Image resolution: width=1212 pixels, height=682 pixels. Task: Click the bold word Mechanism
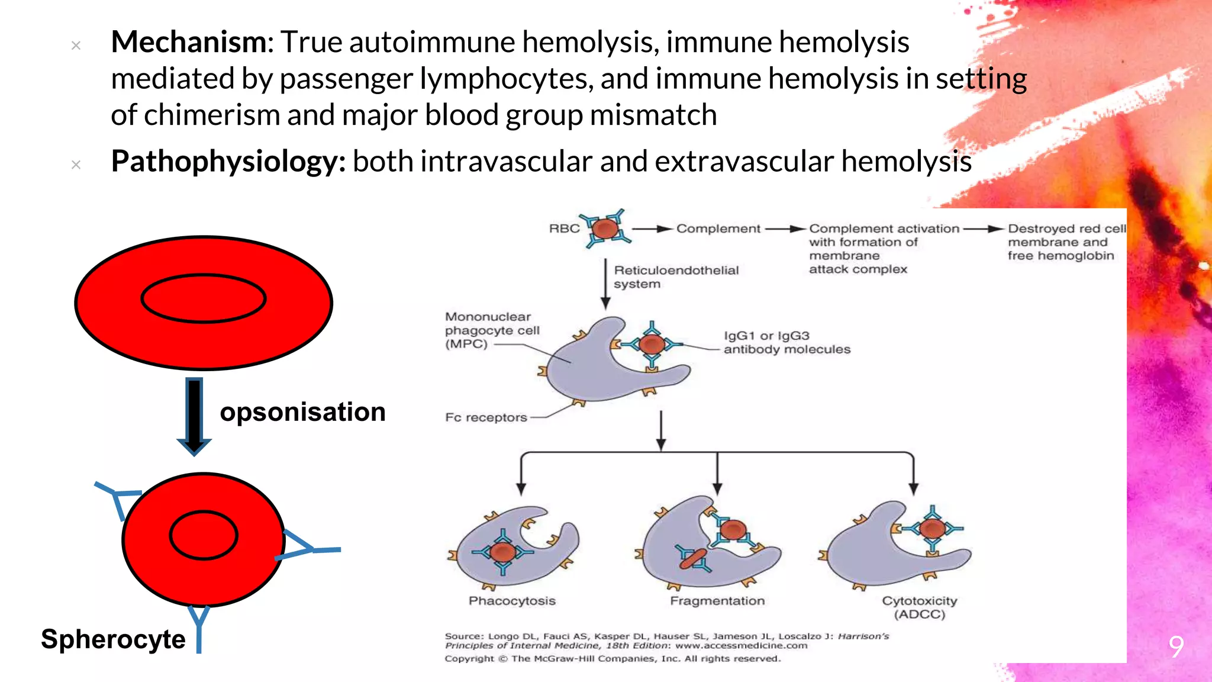pyautogui.click(x=189, y=42)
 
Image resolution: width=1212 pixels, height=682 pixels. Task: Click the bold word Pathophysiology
pyautogui.click(x=227, y=161)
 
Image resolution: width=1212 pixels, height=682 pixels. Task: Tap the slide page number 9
pyautogui.click(x=1176, y=646)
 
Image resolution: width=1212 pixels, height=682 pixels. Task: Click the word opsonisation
pyautogui.click(x=302, y=412)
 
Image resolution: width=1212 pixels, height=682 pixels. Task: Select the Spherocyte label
pyautogui.click(x=113, y=639)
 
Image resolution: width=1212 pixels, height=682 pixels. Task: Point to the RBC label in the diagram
pyautogui.click(x=564, y=229)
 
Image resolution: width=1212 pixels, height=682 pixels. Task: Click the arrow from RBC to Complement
pyautogui.click(x=652, y=229)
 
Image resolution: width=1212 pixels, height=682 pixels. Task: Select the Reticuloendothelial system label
pyautogui.click(x=676, y=277)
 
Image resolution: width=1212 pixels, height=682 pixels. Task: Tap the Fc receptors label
pyautogui.click(x=486, y=417)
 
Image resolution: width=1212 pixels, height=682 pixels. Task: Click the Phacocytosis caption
pyautogui.click(x=512, y=601)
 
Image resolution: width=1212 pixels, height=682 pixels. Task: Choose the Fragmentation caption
pyautogui.click(x=717, y=601)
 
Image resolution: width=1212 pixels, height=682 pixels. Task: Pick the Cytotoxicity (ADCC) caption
pyautogui.click(x=919, y=607)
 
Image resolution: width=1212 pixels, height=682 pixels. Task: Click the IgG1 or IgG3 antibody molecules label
pyautogui.click(x=786, y=343)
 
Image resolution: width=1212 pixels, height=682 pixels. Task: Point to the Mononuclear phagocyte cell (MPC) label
pyautogui.click(x=492, y=330)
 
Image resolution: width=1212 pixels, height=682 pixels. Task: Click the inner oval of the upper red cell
pyautogui.click(x=204, y=298)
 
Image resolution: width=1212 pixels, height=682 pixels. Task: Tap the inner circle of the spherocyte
pyautogui.click(x=204, y=535)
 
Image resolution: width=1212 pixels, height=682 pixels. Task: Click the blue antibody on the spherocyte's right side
pyautogui.click(x=308, y=548)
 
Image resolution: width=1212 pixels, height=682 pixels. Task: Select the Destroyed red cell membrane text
pyautogui.click(x=1066, y=242)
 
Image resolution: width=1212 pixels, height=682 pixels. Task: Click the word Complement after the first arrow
pyautogui.click(x=718, y=229)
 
